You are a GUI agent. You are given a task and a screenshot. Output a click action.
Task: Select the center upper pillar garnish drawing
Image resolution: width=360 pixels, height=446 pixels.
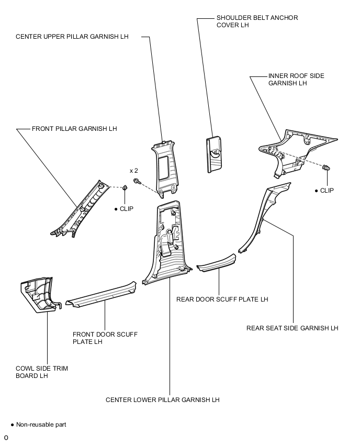[x=164, y=168]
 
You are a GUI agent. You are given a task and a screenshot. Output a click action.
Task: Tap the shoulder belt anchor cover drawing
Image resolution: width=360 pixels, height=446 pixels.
[x=214, y=154]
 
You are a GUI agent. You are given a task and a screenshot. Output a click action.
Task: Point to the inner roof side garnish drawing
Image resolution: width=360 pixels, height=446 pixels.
[x=296, y=151]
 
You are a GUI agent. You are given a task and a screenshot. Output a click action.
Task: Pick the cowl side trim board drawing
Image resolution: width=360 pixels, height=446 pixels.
[x=40, y=295]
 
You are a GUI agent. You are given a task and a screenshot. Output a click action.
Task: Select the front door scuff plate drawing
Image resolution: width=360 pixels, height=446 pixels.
[x=101, y=295]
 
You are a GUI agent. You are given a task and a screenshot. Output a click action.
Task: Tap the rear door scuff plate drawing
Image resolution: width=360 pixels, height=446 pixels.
[x=217, y=263]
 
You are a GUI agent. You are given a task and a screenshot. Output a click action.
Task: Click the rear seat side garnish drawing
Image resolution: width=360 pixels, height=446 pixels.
[x=263, y=218]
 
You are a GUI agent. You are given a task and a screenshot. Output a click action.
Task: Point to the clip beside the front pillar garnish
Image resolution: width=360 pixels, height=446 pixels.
[x=125, y=188]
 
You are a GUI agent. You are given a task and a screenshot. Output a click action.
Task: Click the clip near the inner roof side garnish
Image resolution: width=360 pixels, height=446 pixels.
[x=327, y=168]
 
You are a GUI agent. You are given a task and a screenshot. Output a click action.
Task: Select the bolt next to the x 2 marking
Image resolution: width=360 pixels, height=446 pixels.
[x=137, y=181]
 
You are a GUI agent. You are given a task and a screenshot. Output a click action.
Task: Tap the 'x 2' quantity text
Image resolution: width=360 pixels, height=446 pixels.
[x=133, y=171]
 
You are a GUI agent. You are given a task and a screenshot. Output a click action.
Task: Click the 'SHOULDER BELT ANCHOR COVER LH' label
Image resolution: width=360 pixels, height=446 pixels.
[x=257, y=21]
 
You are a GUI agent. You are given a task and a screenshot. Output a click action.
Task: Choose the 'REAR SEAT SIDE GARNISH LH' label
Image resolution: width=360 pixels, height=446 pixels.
[x=292, y=328]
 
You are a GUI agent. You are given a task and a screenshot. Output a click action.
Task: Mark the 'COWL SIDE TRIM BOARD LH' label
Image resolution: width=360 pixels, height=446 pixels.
[x=42, y=372]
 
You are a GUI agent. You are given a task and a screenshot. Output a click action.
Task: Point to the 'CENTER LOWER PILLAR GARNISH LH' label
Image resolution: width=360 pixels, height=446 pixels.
[x=162, y=399]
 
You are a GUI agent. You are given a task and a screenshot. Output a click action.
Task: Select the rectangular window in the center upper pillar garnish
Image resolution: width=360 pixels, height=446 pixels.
[x=164, y=168]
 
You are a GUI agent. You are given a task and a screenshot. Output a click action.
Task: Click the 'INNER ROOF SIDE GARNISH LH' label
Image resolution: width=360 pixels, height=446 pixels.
[x=296, y=80]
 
